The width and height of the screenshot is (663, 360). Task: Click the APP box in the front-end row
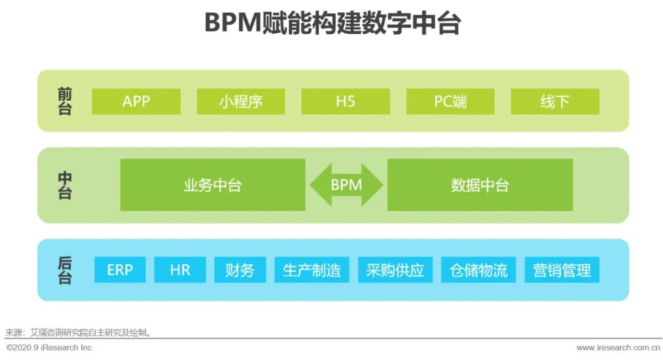(x=136, y=101)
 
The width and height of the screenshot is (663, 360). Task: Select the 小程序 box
(x=241, y=101)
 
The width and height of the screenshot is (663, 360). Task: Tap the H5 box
(x=346, y=101)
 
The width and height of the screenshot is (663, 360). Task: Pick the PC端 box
(x=451, y=101)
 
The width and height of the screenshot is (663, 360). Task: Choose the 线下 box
(x=555, y=101)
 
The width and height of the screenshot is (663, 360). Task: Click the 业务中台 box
(x=212, y=185)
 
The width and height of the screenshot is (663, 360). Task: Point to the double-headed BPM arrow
(x=346, y=185)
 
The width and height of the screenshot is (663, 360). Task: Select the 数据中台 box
(x=479, y=185)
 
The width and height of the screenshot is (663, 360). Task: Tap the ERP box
(x=120, y=270)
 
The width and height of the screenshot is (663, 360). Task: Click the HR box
(x=180, y=270)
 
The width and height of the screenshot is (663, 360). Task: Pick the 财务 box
(x=240, y=270)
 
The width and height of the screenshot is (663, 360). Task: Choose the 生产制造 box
(x=311, y=270)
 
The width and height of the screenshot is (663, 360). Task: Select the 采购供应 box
(x=395, y=270)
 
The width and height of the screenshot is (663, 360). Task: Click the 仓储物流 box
(x=478, y=270)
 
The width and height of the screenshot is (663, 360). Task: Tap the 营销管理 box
(x=562, y=270)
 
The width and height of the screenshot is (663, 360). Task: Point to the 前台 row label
(x=64, y=101)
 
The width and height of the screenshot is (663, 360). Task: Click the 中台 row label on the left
(x=64, y=185)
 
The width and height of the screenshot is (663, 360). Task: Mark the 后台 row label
(x=64, y=270)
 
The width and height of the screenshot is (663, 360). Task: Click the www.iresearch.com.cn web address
(x=617, y=348)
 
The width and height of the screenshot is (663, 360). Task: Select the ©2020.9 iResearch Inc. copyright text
(x=50, y=348)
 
